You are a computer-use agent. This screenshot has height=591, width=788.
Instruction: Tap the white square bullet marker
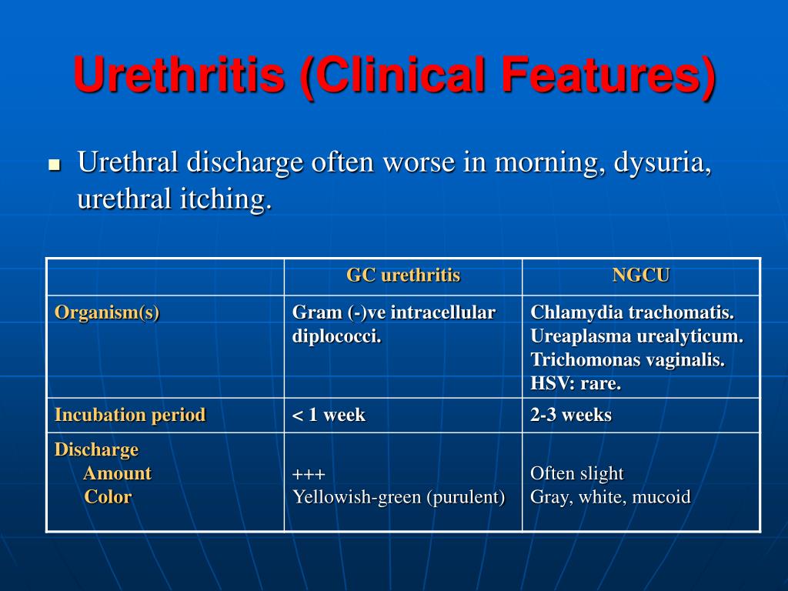tap(54, 165)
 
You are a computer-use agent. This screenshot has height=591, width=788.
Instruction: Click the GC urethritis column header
tap(402, 275)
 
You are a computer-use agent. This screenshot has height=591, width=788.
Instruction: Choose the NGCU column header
tap(640, 275)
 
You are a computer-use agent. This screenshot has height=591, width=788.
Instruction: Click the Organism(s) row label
tap(107, 312)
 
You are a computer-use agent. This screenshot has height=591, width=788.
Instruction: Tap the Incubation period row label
tap(130, 415)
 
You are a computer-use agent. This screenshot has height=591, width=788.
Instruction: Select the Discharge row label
tap(96, 449)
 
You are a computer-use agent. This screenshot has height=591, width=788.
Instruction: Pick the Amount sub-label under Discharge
tap(117, 473)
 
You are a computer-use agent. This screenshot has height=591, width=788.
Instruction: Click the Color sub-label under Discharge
tap(108, 497)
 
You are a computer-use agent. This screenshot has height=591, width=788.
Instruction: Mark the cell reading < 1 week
tap(329, 416)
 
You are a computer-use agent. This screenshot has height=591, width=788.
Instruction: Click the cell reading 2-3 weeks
tap(570, 416)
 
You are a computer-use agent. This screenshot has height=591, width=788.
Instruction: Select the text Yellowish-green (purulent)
tap(399, 497)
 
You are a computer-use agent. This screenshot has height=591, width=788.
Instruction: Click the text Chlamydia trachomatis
tap(632, 312)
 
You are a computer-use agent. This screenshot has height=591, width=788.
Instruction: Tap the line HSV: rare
tap(575, 383)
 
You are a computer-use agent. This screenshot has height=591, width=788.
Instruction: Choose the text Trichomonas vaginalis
tap(627, 360)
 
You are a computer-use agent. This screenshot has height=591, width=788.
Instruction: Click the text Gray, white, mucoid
tap(610, 497)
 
